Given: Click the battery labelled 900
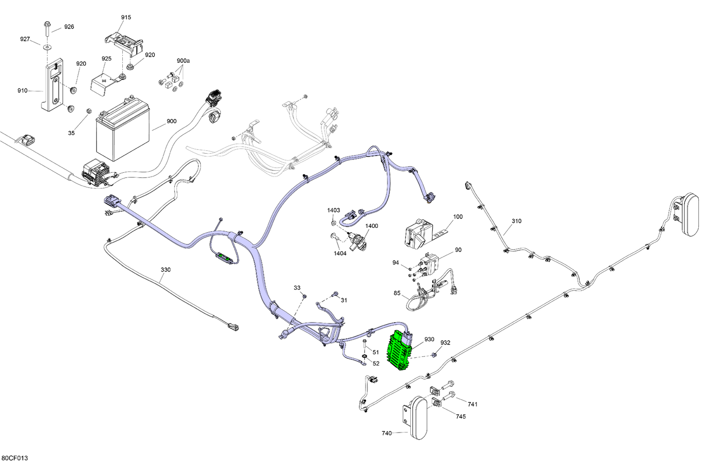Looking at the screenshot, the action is [x=123, y=131].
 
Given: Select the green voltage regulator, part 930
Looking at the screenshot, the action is [x=400, y=351].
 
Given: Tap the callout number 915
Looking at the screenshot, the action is [x=126, y=17].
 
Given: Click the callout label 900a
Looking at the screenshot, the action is [x=183, y=60].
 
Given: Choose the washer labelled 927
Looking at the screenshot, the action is [x=47, y=47].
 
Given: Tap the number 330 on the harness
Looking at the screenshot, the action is [x=166, y=270].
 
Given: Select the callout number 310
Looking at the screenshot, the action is [x=516, y=221].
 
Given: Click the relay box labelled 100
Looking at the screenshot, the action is [x=418, y=234].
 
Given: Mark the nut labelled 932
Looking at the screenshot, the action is [x=434, y=354].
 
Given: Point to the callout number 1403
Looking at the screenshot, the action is [x=333, y=210].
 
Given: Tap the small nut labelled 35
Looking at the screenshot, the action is [x=88, y=110].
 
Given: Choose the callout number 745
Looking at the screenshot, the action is [x=461, y=416].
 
